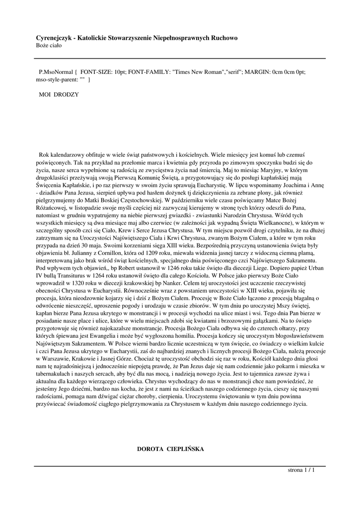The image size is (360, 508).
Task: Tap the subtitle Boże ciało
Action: click(49, 45)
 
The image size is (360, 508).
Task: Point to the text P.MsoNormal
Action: click(55, 71)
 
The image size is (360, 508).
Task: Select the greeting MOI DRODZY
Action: click(59, 94)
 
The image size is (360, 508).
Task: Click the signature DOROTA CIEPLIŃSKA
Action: click(170, 449)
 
